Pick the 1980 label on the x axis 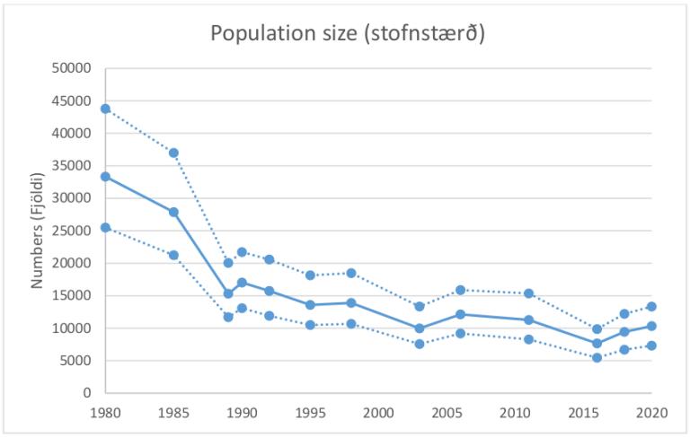(x=105, y=414)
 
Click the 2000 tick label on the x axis (x=378, y=414)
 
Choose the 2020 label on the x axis (x=651, y=414)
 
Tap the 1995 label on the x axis (x=310, y=414)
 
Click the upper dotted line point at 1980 (x=105, y=109)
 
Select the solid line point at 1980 (x=105, y=177)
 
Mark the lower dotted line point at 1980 (x=105, y=227)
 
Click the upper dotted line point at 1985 (x=173, y=153)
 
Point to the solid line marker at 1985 (x=173, y=212)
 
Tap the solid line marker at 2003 (x=420, y=328)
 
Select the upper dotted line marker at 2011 (x=528, y=293)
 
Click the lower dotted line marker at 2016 (x=597, y=357)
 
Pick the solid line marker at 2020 (x=651, y=326)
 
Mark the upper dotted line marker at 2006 (x=460, y=290)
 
